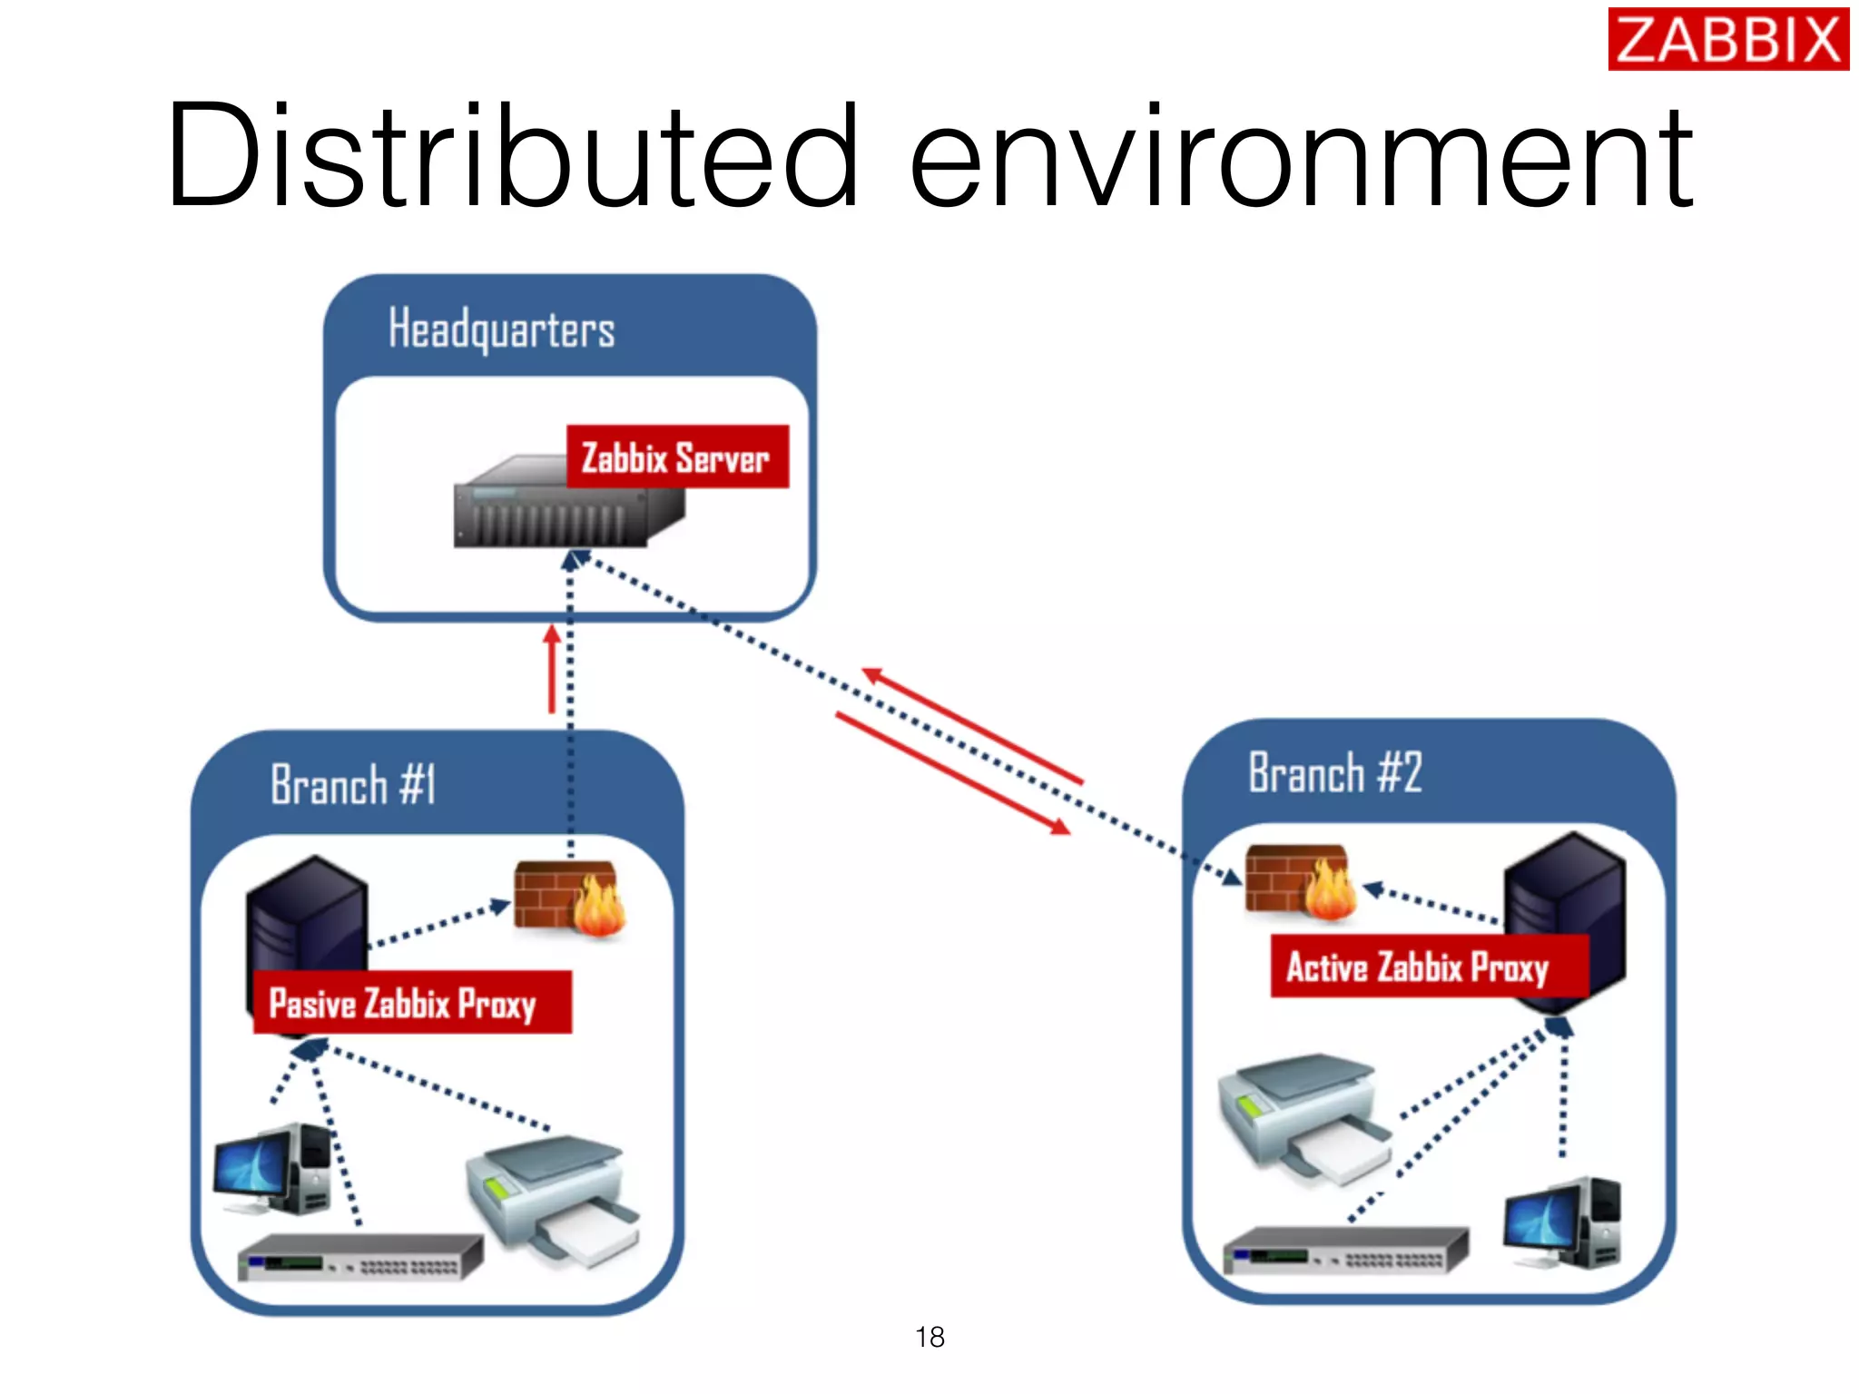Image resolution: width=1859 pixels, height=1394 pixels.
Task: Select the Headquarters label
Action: pos(501,329)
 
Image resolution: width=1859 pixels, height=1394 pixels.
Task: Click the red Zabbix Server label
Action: pos(677,457)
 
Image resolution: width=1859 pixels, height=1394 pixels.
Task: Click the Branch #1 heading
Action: pos(353,785)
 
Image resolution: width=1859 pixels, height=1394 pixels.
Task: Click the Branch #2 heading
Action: pos(1334,773)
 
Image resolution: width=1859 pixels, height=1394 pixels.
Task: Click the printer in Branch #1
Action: pos(554,1198)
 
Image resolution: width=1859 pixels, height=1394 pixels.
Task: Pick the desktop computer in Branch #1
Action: pos(272,1171)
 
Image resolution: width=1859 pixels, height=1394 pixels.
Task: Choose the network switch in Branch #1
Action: pos(359,1257)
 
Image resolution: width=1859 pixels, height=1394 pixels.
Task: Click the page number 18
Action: pos(929,1337)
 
